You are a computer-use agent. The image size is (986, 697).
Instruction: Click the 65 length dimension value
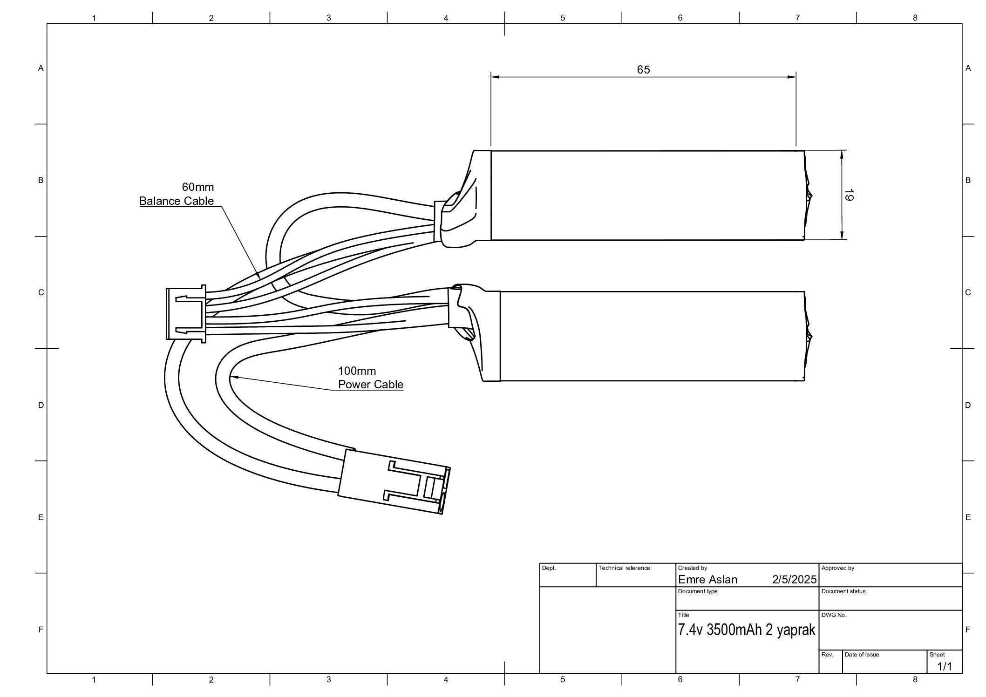[x=643, y=70]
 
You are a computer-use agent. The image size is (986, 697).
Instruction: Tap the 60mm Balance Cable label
[x=177, y=194]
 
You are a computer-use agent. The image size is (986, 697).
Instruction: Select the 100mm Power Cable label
[x=370, y=378]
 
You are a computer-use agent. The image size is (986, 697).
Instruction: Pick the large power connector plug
[x=394, y=482]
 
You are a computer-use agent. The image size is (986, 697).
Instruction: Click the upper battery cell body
[x=647, y=195]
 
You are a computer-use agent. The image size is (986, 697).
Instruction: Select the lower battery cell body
[x=652, y=336]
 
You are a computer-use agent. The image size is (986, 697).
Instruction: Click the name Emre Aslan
[x=707, y=580]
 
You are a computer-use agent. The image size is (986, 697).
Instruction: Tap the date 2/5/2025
[x=794, y=580]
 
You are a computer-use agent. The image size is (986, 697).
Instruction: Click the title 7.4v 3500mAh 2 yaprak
[x=747, y=630]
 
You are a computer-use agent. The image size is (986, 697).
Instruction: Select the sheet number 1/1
[x=945, y=667]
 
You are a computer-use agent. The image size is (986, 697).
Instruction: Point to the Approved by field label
[x=837, y=568]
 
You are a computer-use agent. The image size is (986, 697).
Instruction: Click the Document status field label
[x=843, y=591]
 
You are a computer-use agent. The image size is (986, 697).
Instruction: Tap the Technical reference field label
[x=624, y=568]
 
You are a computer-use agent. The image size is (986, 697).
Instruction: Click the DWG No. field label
[x=834, y=615]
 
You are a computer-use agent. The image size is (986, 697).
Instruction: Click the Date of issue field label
[x=862, y=655]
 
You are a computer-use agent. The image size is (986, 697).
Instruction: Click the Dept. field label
[x=549, y=568]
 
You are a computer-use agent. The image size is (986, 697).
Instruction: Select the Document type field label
[x=698, y=591]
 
